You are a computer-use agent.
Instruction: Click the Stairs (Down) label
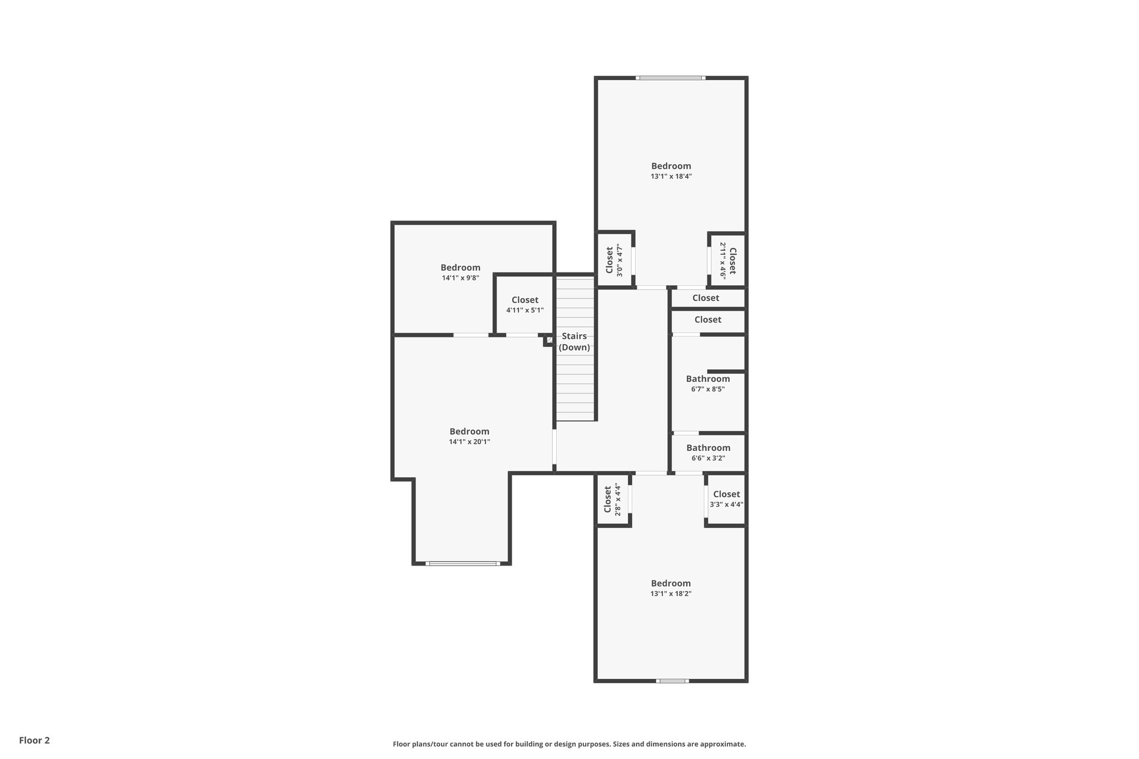(575, 341)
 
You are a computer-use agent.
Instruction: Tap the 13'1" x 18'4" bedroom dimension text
(671, 176)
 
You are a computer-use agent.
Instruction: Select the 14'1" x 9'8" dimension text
(460, 278)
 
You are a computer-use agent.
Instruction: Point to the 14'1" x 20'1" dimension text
(469, 442)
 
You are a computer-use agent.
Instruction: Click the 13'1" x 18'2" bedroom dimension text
(671, 593)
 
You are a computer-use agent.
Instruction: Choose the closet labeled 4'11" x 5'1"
(524, 305)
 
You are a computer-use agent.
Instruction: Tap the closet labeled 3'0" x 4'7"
(614, 260)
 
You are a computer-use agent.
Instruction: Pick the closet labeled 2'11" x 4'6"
(728, 260)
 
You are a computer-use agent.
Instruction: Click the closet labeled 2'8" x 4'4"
(613, 499)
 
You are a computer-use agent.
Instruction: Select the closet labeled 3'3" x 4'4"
(726, 499)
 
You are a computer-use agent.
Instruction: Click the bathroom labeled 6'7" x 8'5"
(708, 384)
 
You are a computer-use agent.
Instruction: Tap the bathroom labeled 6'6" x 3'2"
(708, 453)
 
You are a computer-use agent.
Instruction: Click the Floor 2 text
(34, 741)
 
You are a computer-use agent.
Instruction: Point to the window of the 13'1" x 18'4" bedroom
(671, 78)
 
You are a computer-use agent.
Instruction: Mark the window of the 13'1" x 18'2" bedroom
(672, 681)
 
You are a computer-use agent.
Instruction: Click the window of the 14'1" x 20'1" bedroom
(463, 564)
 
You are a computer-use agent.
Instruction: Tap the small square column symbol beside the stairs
(549, 340)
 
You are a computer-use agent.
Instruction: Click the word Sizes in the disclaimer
(622, 744)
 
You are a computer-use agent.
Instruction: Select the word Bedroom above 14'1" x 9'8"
(460, 267)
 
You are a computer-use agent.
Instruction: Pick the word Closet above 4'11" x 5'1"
(525, 300)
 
